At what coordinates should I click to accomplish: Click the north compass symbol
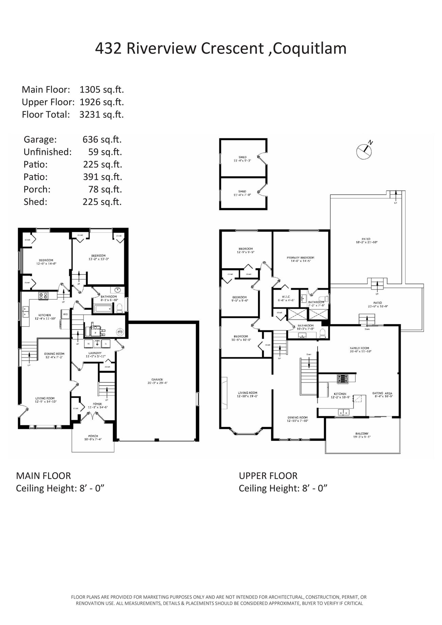(x=364, y=150)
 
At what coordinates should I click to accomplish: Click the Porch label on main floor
(x=93, y=437)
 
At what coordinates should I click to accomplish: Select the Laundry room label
(x=96, y=354)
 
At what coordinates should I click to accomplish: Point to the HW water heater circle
(x=120, y=332)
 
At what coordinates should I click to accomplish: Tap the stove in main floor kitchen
(x=43, y=296)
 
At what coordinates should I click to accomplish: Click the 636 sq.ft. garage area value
(x=102, y=139)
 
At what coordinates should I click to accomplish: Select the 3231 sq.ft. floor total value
(x=101, y=115)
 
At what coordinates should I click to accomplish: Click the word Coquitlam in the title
(x=309, y=48)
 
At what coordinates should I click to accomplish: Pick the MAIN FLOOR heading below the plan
(x=44, y=475)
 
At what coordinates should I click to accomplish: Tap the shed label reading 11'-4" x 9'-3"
(x=242, y=159)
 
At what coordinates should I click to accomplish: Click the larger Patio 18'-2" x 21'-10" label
(x=366, y=241)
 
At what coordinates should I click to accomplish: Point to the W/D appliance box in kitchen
(x=65, y=314)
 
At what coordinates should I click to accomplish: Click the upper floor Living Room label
(x=248, y=394)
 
